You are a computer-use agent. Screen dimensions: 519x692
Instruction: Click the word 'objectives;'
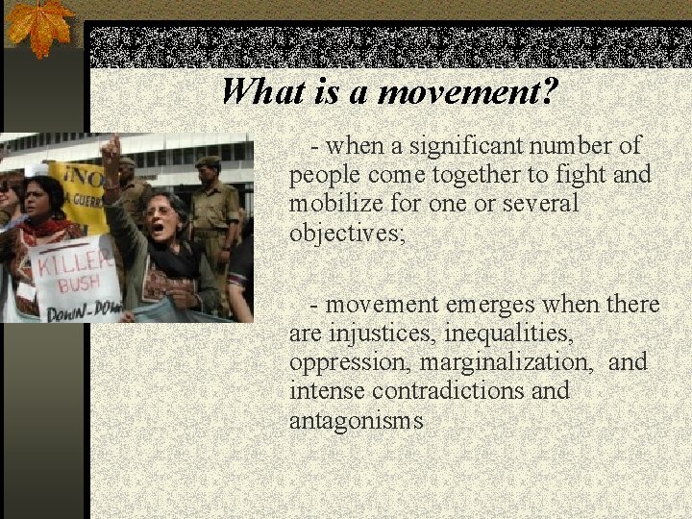tap(348, 234)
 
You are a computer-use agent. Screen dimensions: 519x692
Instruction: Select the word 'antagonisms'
tap(356, 420)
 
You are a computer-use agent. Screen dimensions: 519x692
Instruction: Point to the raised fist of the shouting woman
tap(111, 151)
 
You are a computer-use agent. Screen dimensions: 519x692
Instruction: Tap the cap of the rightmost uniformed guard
tap(208, 162)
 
